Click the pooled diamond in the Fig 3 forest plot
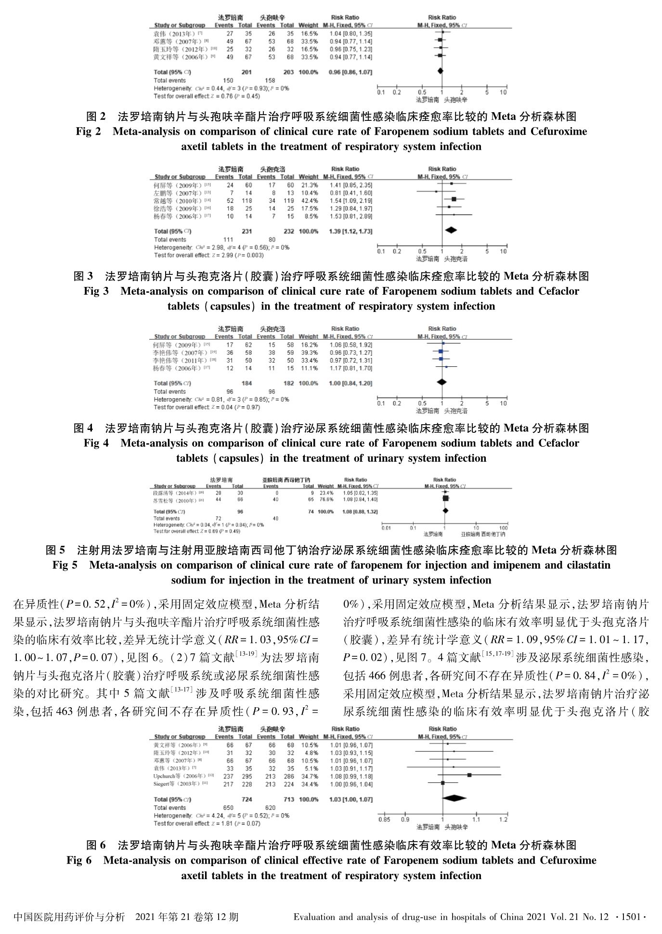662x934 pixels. (451, 231)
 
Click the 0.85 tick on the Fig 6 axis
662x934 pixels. (384, 819)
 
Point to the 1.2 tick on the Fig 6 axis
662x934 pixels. (503, 819)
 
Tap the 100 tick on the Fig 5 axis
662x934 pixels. (503, 528)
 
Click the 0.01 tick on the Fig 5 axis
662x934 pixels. (386, 528)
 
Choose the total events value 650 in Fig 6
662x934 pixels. (228, 808)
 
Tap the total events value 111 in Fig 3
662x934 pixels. (228, 239)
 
